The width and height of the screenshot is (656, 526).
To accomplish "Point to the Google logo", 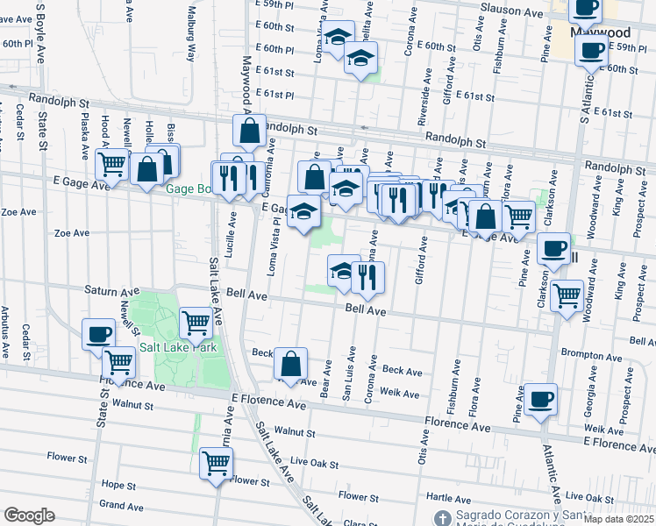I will pos(29,515).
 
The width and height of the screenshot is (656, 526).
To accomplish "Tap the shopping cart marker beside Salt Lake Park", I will pos(196,322).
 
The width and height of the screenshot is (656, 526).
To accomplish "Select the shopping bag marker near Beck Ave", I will pos(290,362).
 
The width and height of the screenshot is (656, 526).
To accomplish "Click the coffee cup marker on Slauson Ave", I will pos(585,8).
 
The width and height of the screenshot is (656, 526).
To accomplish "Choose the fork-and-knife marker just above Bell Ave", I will pos(367,276).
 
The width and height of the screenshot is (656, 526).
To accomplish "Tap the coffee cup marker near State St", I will pos(99,333).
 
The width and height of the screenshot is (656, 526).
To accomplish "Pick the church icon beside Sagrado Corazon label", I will pos(443,517).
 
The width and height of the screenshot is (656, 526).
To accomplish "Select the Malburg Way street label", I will pos(190,33).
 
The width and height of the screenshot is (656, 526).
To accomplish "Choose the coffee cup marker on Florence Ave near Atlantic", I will pos(540,398).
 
